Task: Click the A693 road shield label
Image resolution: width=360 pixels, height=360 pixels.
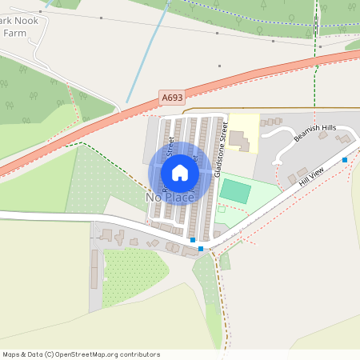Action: tap(171, 98)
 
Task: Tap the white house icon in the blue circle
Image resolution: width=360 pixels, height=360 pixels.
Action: tap(180, 173)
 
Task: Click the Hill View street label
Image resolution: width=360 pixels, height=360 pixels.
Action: tap(310, 178)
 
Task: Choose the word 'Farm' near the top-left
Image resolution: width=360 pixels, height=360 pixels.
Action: tap(14, 34)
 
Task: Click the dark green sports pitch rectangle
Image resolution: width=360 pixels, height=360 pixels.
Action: tap(235, 190)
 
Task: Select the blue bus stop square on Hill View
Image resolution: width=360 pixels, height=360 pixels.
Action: tap(345, 160)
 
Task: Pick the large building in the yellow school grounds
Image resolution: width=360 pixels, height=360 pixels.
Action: tap(241, 140)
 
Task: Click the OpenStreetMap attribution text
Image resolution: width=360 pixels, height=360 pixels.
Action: tap(80, 354)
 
